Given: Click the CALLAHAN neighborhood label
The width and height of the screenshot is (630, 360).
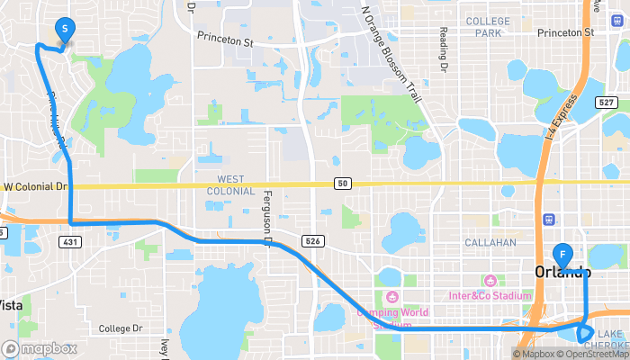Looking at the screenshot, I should (x=490, y=243).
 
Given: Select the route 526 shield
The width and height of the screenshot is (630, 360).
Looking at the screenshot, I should (x=311, y=241).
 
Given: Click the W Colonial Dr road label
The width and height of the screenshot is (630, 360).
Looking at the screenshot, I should (x=36, y=187).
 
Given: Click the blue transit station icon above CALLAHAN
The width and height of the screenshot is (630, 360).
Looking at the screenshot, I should (x=548, y=219).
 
